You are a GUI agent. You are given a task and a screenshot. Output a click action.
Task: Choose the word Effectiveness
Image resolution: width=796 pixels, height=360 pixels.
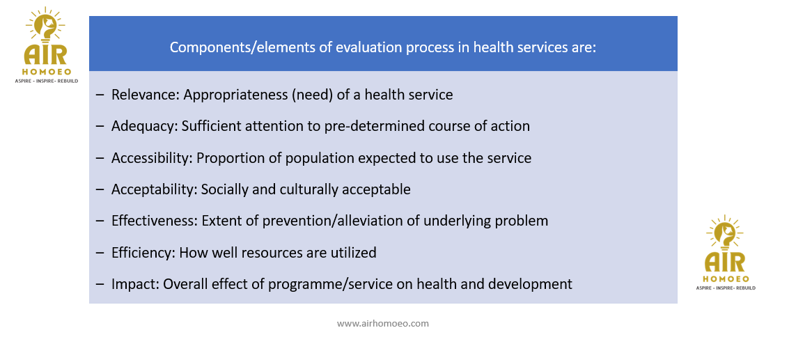pyautogui.click(x=155, y=221)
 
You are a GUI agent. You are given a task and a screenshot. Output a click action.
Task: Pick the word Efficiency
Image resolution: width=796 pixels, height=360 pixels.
pyautogui.click(x=143, y=252)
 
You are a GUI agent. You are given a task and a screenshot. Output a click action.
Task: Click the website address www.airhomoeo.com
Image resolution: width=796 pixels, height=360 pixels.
pyautogui.click(x=383, y=323)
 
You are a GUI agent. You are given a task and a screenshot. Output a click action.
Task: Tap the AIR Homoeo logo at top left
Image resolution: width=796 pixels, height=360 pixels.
pyautogui.click(x=46, y=45)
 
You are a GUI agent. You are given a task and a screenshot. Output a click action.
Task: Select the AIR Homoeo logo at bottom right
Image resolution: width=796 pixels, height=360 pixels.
pyautogui.click(x=725, y=252)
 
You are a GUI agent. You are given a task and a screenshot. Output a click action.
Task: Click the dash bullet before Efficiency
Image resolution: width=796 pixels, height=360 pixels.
pyautogui.click(x=100, y=253)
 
